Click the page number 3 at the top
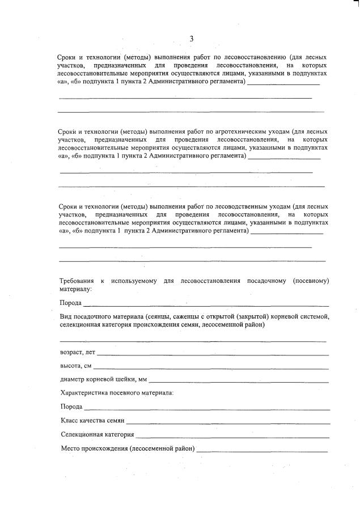click(x=191, y=39)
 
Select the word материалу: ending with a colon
click(x=75, y=289)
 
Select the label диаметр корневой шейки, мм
click(x=103, y=380)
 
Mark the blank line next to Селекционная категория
click(x=232, y=435)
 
